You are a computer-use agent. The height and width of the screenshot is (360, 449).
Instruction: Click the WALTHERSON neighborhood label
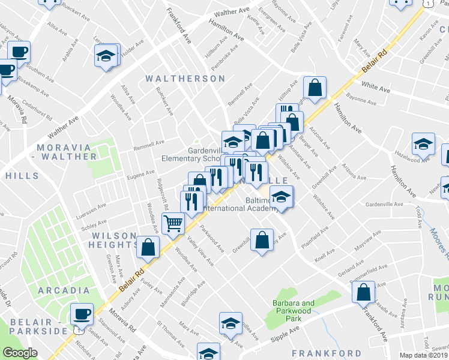[185, 79]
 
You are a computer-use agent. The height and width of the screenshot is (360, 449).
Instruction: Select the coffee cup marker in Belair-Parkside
[82, 314]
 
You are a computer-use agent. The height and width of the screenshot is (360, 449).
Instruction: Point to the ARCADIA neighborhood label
[64, 290]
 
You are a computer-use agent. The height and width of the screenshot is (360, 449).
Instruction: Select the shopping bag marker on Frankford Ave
[364, 293]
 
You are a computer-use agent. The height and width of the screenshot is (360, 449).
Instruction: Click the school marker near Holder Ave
[106, 56]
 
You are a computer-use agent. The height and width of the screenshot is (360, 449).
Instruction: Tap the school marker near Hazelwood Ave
[423, 144]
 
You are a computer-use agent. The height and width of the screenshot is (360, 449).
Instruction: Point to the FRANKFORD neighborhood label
[326, 353]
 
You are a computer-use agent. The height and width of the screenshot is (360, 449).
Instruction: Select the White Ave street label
[376, 88]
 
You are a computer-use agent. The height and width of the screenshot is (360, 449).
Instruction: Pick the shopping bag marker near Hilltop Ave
[314, 88]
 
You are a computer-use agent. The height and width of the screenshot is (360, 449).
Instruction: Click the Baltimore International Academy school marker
[281, 196]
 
